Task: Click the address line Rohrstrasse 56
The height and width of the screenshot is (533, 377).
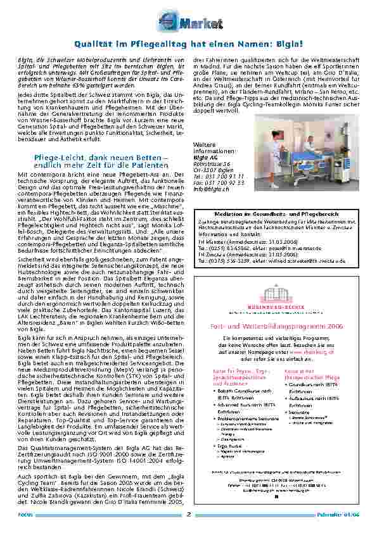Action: point(211,164)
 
